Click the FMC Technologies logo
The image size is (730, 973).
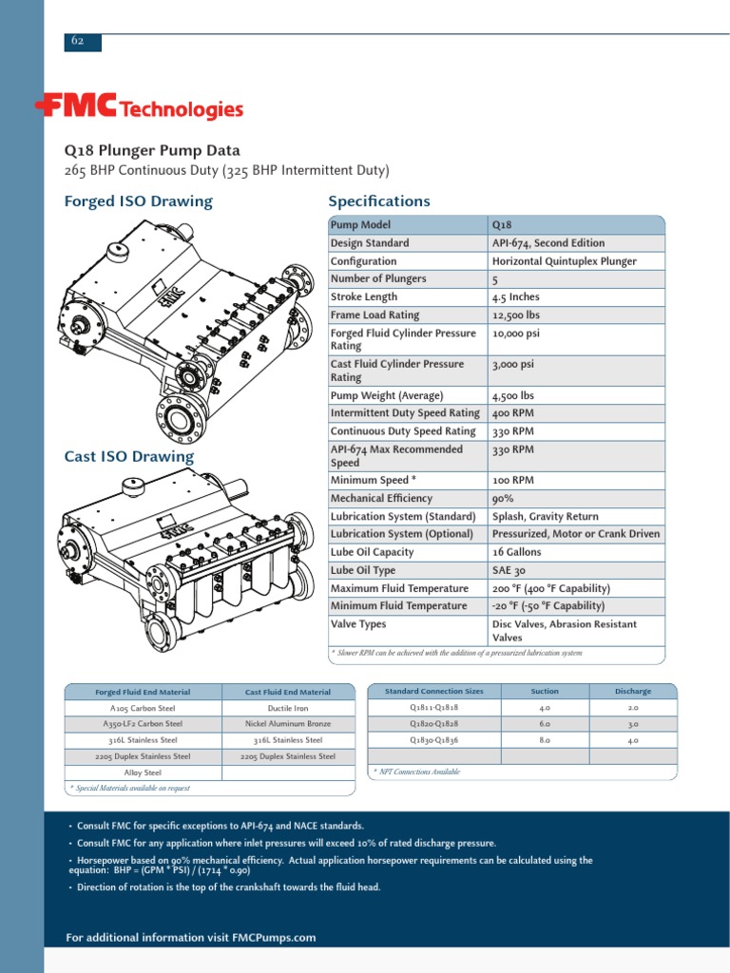click(139, 108)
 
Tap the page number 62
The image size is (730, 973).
click(76, 41)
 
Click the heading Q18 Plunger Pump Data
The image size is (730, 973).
click(152, 150)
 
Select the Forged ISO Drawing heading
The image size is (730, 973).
click(138, 201)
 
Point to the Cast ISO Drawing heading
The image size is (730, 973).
click(128, 456)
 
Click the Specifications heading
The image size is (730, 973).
click(378, 201)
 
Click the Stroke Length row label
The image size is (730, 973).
click(364, 296)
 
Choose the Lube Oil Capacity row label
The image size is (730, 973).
click(372, 552)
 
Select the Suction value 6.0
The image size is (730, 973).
click(545, 724)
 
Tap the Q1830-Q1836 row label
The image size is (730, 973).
click(433, 739)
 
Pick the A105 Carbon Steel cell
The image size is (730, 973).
click(143, 708)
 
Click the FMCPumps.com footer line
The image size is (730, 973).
click(190, 938)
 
